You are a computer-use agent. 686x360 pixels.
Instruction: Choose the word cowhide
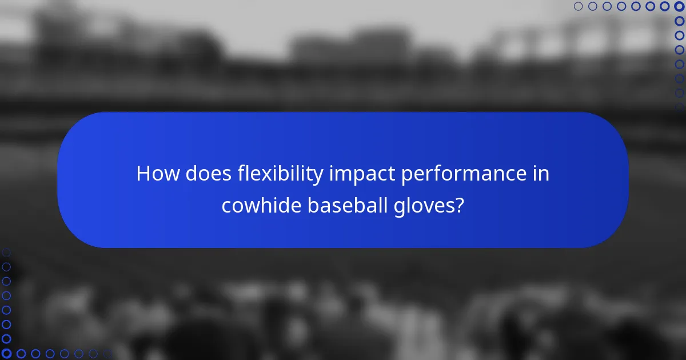coord(261,206)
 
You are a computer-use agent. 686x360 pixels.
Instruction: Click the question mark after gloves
coord(459,206)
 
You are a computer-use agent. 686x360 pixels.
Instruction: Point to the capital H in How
coord(143,174)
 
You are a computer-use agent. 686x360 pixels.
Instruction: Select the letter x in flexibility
coord(259,174)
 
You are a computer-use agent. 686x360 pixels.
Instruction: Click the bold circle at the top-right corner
coord(679,6)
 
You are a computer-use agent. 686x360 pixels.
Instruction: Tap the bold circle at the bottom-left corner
coord(6,354)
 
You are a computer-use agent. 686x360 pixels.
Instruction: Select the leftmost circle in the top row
coord(578,6)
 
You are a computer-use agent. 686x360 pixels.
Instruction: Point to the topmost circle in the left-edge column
coord(6,252)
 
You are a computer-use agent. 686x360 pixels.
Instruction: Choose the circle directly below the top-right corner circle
coord(679,21)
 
